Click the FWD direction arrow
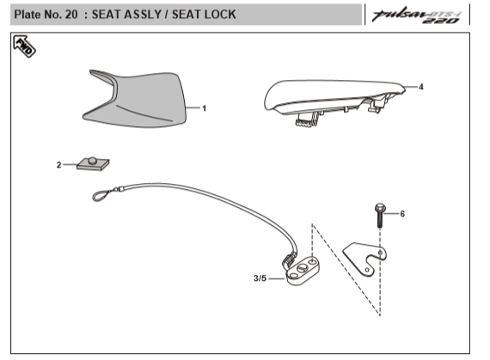24,46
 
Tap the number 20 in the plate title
71,15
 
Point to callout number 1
205,108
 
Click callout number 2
58,165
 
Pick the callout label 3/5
260,278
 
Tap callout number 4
421,87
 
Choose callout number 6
402,214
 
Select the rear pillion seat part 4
334,100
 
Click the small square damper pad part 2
93,163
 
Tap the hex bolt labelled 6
380,216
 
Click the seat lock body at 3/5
303,271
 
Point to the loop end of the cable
101,195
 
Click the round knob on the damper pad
93,160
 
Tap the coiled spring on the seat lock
290,259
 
